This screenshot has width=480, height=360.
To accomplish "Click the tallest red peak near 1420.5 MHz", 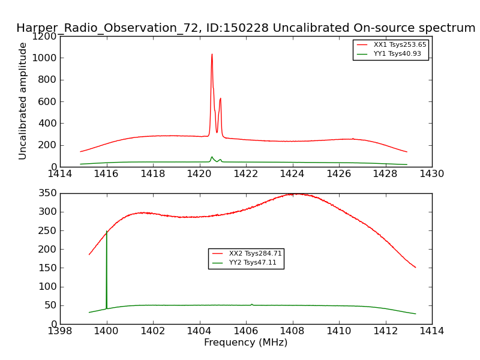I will pyautogui.click(x=212, y=55).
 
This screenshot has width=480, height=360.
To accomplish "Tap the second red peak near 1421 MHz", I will pyautogui.click(x=220, y=99).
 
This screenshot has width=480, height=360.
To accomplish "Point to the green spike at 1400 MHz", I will pyautogui.click(x=107, y=232).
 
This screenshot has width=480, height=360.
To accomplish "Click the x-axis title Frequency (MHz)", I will pyautogui.click(x=245, y=343).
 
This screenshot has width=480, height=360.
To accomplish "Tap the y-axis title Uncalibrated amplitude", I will pyautogui.click(x=23, y=101).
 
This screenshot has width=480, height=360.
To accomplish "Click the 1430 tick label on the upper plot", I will pyautogui.click(x=431, y=174).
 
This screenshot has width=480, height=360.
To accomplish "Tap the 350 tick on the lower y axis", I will pyautogui.click(x=48, y=193).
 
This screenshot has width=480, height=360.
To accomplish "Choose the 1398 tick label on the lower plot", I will pyautogui.click(x=60, y=331).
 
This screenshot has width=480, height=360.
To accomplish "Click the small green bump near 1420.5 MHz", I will pyautogui.click(x=212, y=157).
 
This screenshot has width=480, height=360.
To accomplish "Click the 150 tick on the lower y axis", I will pyautogui.click(x=48, y=268).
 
